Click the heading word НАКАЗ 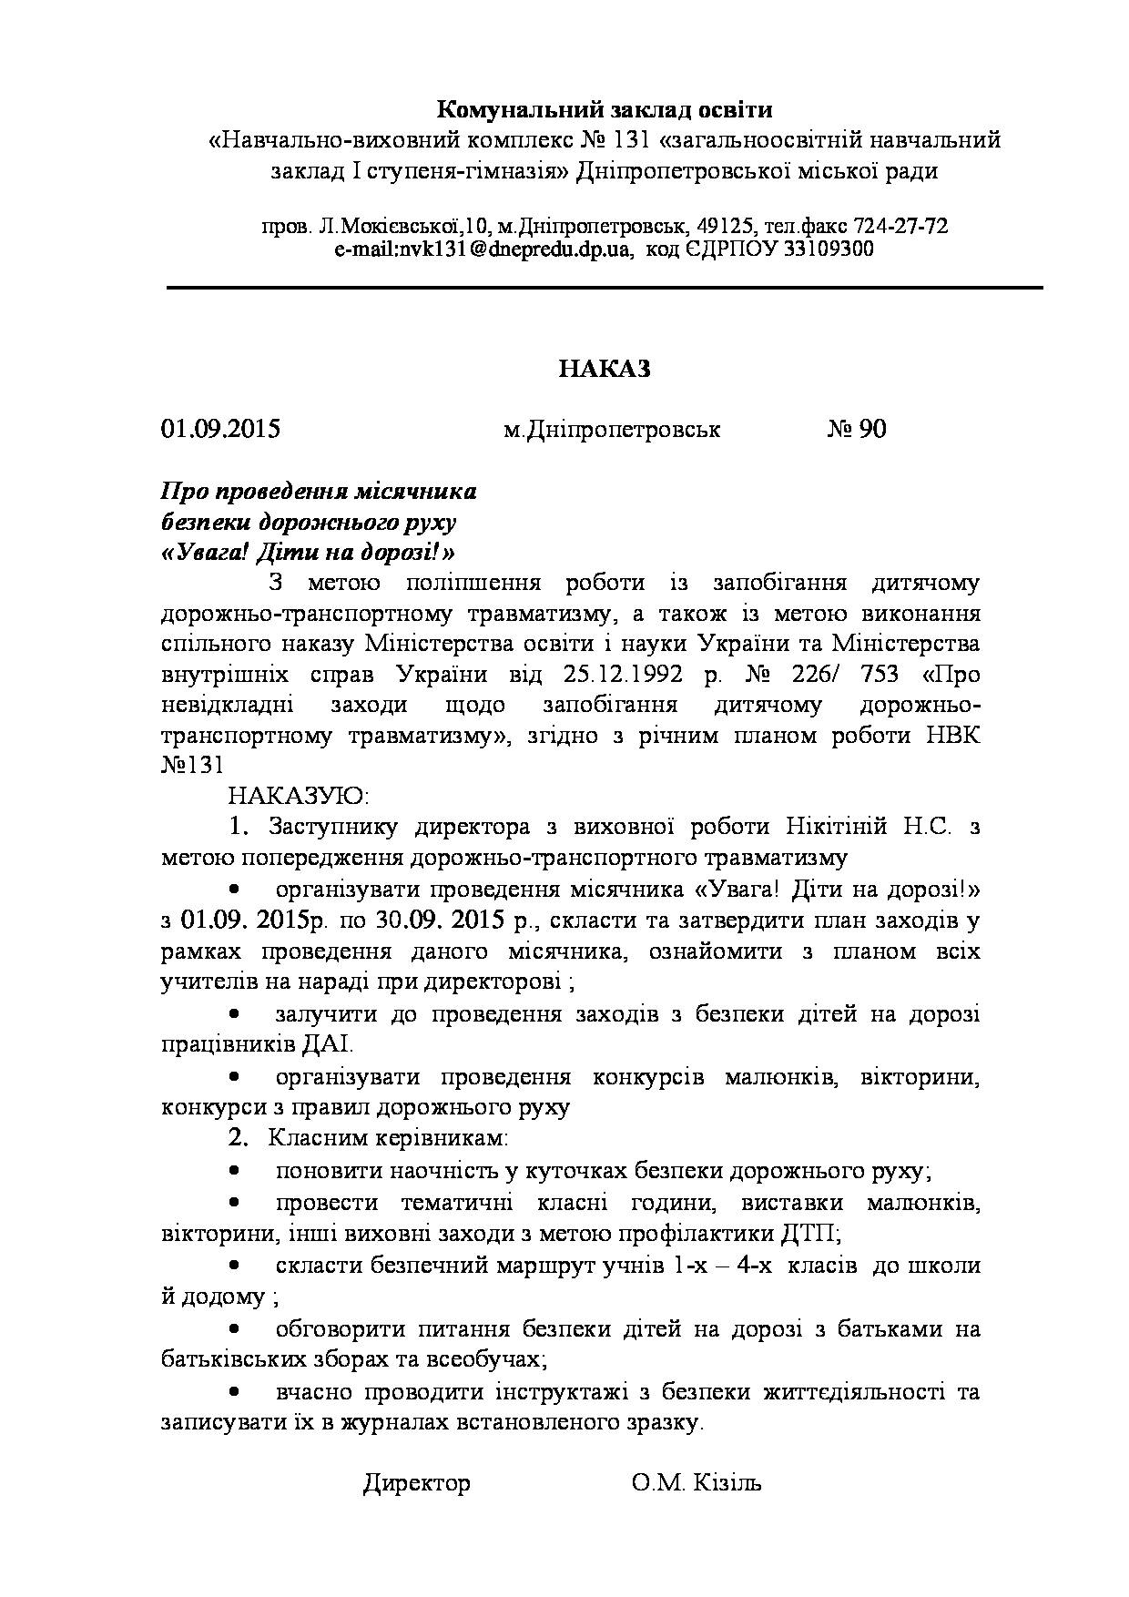click(605, 368)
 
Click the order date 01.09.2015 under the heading click(220, 429)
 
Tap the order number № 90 click(856, 429)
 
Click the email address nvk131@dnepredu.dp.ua click(483, 249)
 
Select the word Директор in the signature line click(417, 1483)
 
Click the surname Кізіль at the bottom click(727, 1483)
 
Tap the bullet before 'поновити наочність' click(235, 1171)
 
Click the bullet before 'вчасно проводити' click(235, 1391)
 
